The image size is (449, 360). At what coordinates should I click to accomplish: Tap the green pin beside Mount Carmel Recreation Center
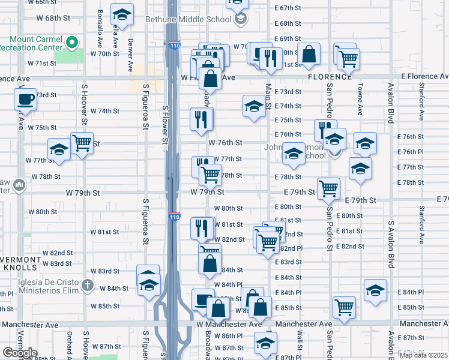tap(71, 43)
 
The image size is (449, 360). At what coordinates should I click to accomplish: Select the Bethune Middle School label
tap(188, 19)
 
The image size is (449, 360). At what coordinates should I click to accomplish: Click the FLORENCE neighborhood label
tap(330, 77)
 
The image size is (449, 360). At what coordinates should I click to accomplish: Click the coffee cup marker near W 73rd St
tap(25, 100)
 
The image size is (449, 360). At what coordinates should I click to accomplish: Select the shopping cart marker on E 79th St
tap(328, 188)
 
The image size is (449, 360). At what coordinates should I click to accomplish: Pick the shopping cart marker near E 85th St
tap(344, 307)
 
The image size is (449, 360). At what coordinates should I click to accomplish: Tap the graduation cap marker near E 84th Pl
tap(375, 290)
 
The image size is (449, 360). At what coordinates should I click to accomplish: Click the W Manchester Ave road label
tap(229, 324)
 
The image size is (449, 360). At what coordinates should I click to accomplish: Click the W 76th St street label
tap(225, 143)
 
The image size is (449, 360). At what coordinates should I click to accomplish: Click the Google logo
tap(20, 353)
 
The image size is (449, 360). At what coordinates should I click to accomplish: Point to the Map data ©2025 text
tap(423, 355)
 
